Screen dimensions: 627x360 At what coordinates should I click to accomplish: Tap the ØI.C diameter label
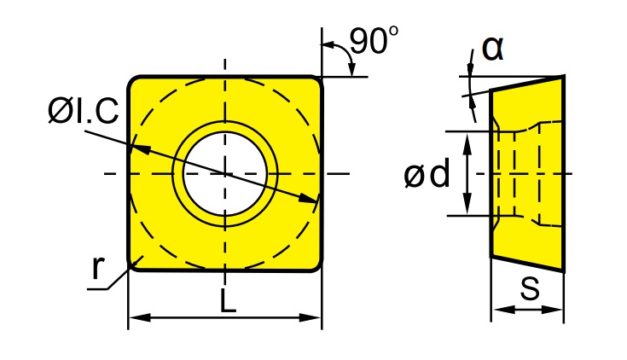tap(84, 111)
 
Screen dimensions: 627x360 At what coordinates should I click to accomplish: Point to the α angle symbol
tap(493, 49)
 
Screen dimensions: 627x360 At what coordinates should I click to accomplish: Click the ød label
tap(427, 174)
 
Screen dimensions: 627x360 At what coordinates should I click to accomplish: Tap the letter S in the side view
tap(531, 288)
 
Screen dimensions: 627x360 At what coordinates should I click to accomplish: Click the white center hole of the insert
tap(225, 173)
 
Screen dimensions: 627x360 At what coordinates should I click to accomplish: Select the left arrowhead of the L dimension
tap(139, 318)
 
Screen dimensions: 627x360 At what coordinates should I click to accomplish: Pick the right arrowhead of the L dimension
tap(311, 318)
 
